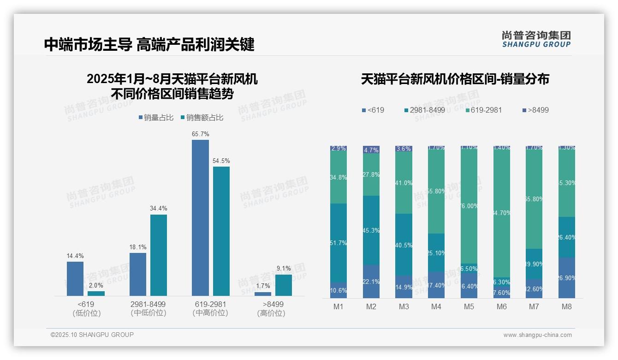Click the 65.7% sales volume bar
pos(200,217)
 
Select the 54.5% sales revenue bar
pos(221,231)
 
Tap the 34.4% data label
pos(158,208)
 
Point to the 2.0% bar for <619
pos(96,293)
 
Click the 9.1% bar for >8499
pos(284,285)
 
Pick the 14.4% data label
pos(75,256)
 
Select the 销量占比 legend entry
pos(156,118)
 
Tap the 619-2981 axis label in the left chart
pos(210,305)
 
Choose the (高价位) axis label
pos(271,313)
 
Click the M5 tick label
pos(469,306)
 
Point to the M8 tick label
pos(567,306)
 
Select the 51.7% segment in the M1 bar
pos(339,243)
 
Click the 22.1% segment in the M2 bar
pos(371,282)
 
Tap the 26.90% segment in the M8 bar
pos(567,278)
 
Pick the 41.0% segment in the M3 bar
pos(404,183)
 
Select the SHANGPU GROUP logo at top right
pos(536,39)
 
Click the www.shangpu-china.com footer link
pos(537,335)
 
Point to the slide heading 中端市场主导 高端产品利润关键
pos(149,45)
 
